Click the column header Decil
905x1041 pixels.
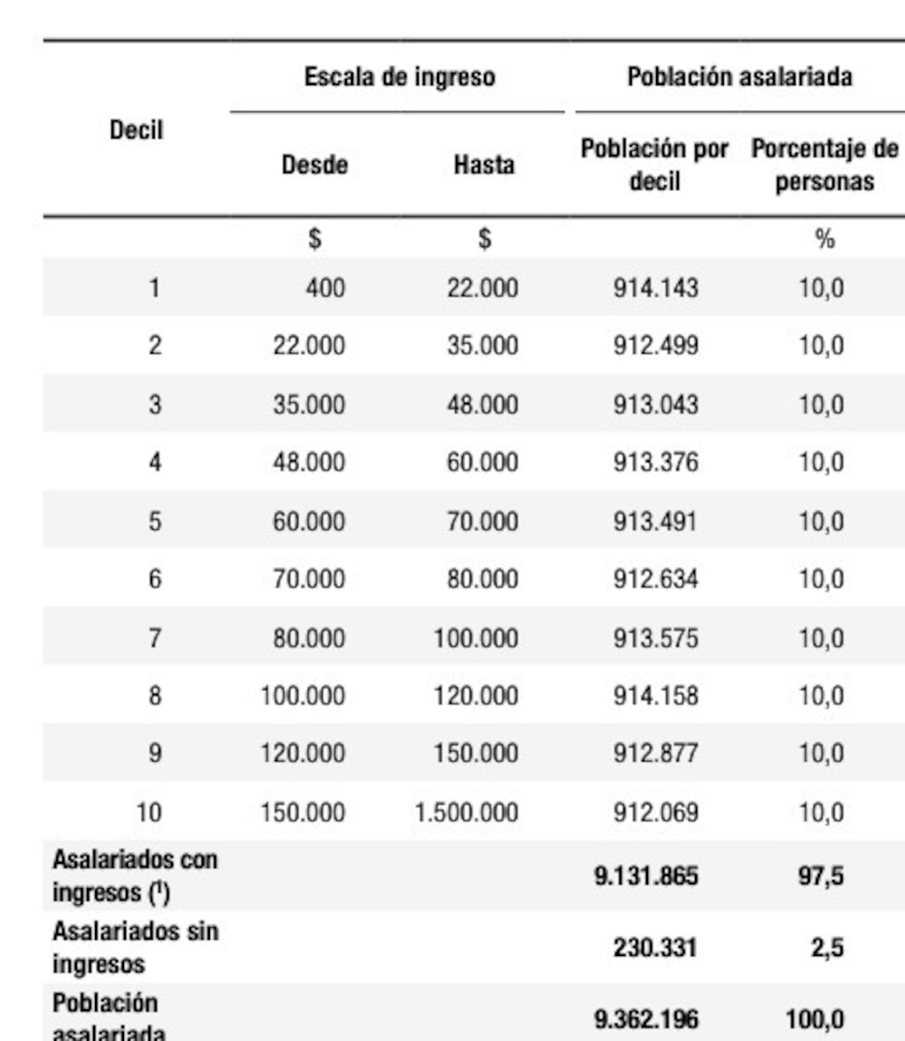pyautogui.click(x=136, y=129)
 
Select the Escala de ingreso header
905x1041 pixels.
pyautogui.click(x=399, y=77)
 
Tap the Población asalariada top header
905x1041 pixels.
pyautogui.click(x=739, y=77)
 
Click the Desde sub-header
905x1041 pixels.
pyautogui.click(x=315, y=165)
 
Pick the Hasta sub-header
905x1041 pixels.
pyautogui.click(x=484, y=165)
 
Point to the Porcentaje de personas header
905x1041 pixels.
pyautogui.click(x=824, y=165)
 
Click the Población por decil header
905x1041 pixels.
pyautogui.click(x=654, y=165)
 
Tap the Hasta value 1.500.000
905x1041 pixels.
pyautogui.click(x=466, y=812)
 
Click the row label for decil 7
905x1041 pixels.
pyautogui.click(x=155, y=638)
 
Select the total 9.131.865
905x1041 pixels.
pyautogui.click(x=645, y=875)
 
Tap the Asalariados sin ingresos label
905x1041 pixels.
pyautogui.click(x=135, y=947)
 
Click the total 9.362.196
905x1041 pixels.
pyautogui.click(x=645, y=1020)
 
